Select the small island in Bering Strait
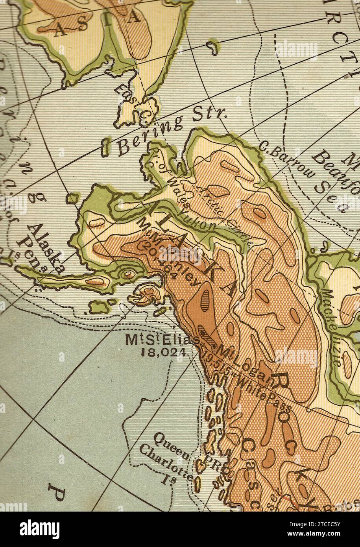click(105, 146)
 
